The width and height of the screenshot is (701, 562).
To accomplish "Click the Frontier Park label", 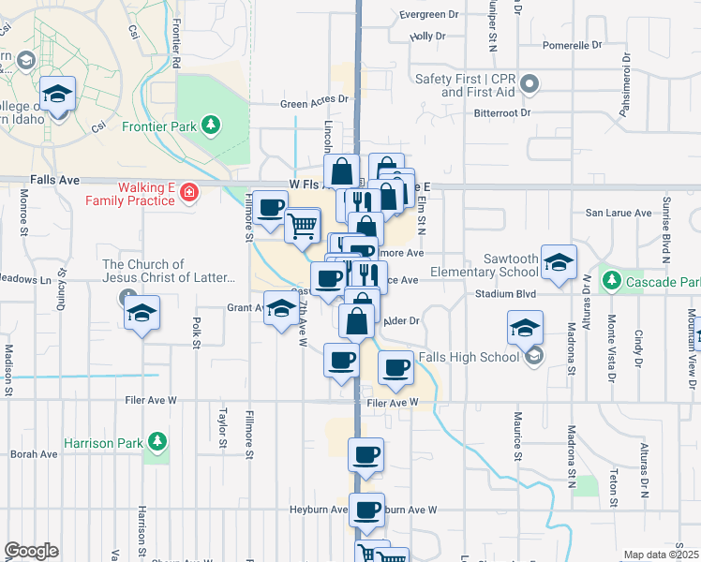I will coord(164,125).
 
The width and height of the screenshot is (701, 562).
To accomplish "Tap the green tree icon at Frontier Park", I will coord(213,124).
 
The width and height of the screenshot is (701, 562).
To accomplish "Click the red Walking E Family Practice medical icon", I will coord(190,193).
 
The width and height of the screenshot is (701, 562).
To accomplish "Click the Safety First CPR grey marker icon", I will coord(529,85).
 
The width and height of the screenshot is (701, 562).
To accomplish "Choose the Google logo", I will coord(31,552).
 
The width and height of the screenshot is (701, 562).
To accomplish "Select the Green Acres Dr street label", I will coord(317,99).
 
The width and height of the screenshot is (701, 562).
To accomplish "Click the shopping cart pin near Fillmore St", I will coord(302,226).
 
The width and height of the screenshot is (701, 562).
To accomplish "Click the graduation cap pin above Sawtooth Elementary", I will coord(559,264).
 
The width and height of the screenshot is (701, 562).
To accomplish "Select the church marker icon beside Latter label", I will coord(129,298).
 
